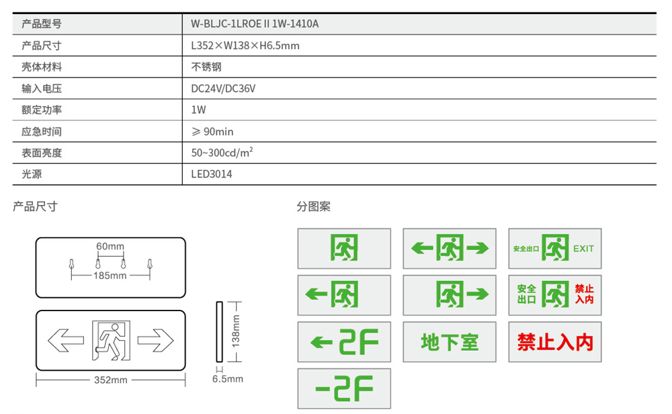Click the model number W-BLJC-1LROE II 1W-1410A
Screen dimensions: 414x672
point(255,24)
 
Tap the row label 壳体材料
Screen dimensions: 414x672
point(42,67)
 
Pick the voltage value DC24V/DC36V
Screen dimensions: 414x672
point(223,89)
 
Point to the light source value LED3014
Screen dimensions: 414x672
point(212,174)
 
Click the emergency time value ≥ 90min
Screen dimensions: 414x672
point(212,132)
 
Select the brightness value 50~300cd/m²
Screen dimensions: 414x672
point(222,153)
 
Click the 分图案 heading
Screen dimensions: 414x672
point(314,206)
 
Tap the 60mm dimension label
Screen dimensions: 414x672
point(110,246)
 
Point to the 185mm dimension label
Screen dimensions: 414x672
point(110,276)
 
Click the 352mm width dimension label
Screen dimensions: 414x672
point(110,380)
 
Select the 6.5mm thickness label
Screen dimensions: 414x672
point(228,379)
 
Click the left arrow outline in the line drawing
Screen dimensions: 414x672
point(65,341)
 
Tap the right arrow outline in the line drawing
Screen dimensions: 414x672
point(155,341)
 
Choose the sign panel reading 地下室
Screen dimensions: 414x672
point(450,342)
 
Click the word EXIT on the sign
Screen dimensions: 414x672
point(583,249)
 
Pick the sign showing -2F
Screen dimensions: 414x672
point(344,388)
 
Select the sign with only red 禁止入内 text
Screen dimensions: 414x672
point(555,342)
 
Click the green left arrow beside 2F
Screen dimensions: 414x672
point(322,343)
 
